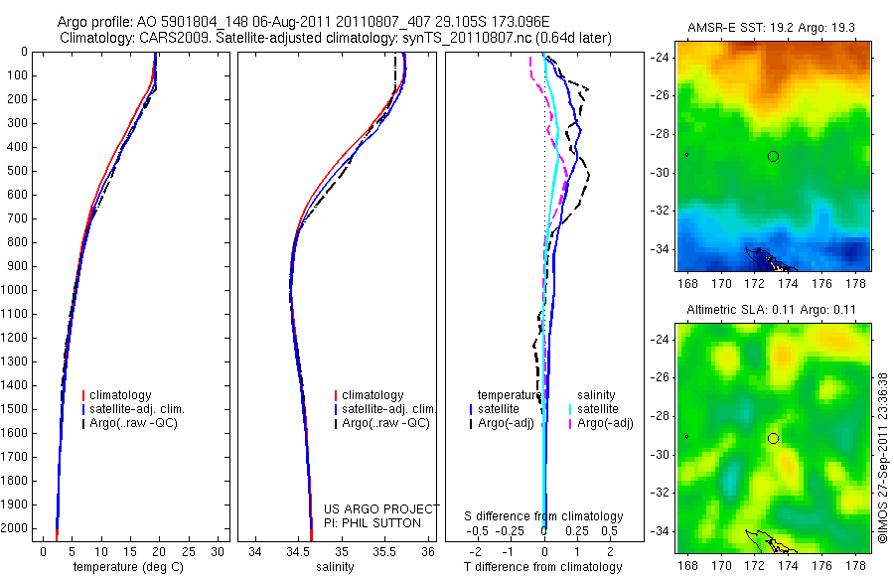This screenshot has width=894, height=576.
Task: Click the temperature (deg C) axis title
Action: pyautogui.click(x=128, y=567)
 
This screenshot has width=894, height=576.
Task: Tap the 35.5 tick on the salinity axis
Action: pyautogui.click(x=384, y=551)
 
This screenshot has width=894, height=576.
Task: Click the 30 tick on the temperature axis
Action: pyautogui.click(x=218, y=551)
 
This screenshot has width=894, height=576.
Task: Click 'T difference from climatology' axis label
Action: pyautogui.click(x=543, y=567)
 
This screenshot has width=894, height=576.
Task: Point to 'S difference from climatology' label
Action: pyautogui.click(x=543, y=516)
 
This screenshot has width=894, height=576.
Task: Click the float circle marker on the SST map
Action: pyautogui.click(x=773, y=156)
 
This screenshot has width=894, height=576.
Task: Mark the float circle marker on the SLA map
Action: pyautogui.click(x=773, y=438)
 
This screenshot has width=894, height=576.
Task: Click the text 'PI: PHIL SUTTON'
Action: pyautogui.click(x=372, y=522)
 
